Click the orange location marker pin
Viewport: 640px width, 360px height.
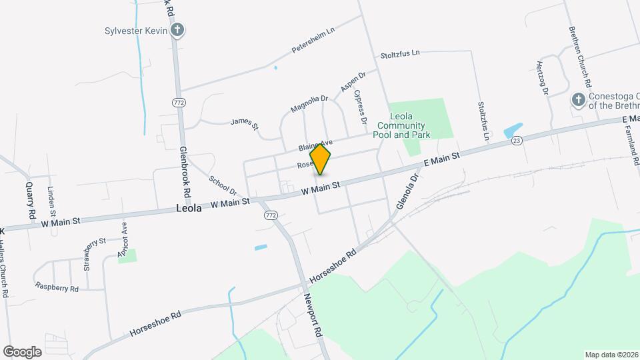(320, 160)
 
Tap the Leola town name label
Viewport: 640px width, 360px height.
(189, 208)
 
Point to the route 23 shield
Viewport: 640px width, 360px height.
(517, 140)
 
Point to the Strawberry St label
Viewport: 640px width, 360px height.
(94, 254)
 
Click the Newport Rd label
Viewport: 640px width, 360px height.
(313, 315)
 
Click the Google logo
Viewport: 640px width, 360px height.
(22, 352)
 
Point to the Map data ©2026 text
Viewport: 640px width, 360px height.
(611, 355)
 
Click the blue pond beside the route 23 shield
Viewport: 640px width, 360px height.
(512, 131)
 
